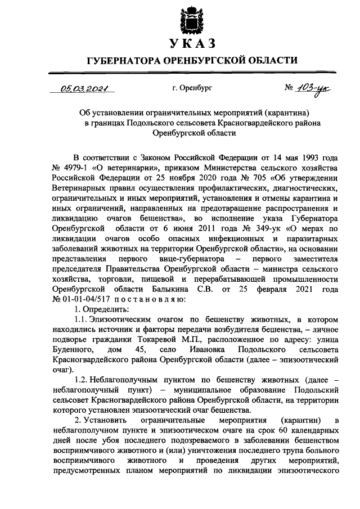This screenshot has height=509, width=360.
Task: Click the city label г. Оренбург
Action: coord(194,88)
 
